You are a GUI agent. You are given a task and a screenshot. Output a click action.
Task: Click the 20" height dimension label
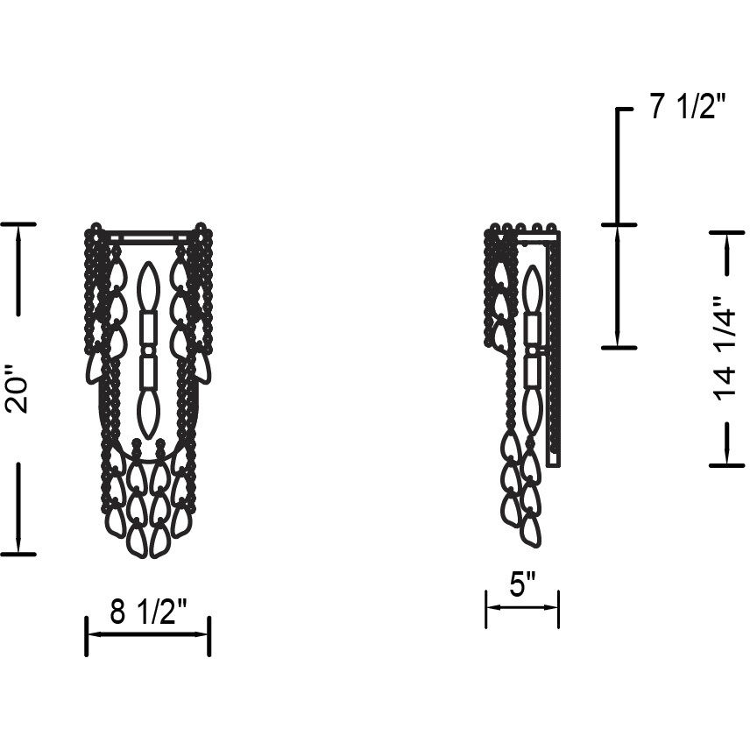pyautogui.click(x=17, y=389)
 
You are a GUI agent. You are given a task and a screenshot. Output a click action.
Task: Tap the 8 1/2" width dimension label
pyautogui.click(x=148, y=612)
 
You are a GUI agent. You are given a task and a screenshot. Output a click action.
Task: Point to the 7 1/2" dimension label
pyautogui.click(x=689, y=106)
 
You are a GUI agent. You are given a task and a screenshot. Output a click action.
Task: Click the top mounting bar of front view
pyautogui.click(x=148, y=237)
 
